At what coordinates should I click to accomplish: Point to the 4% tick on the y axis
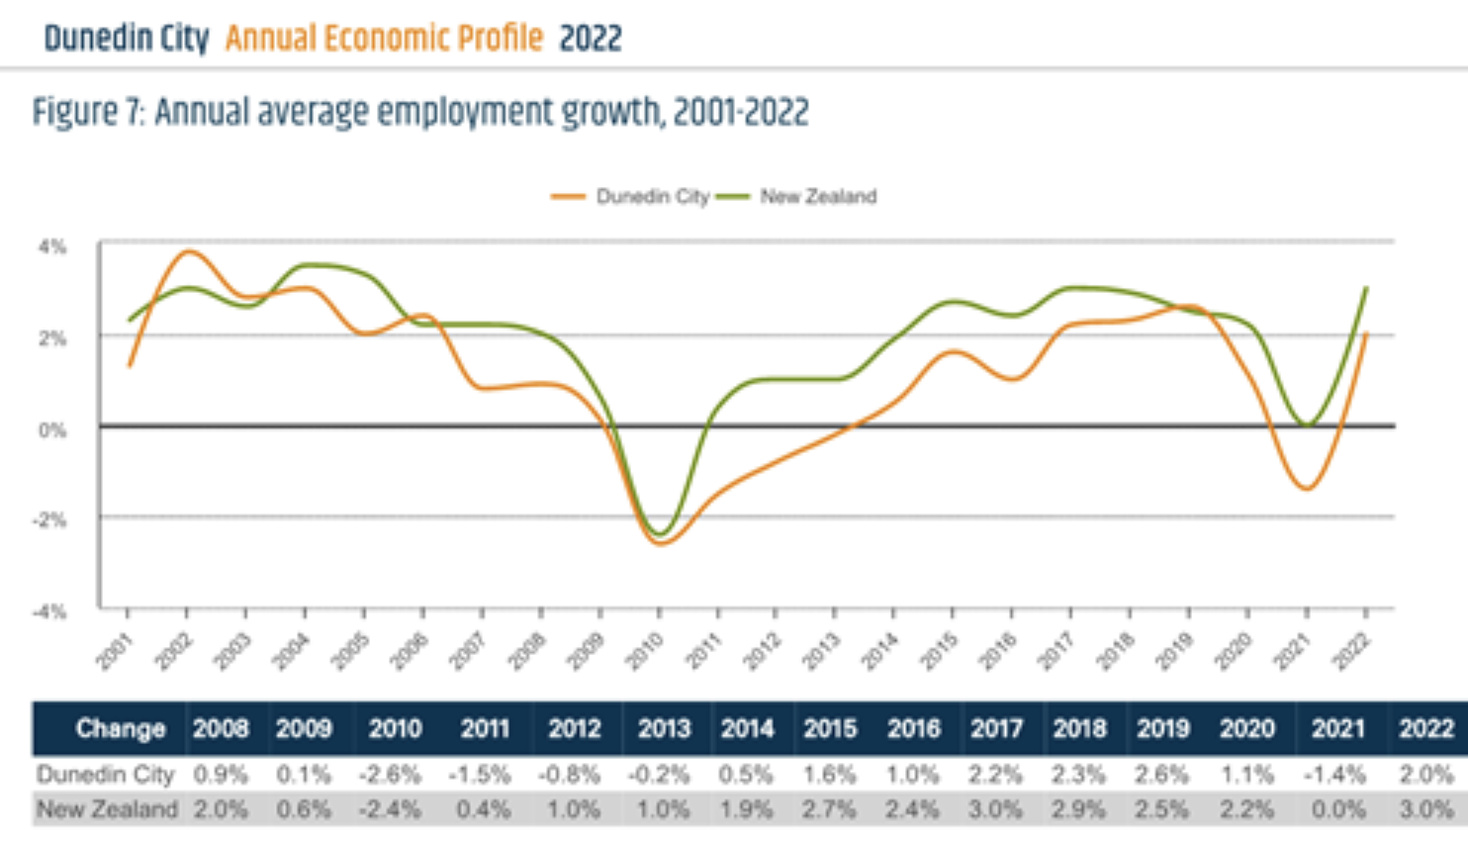[x=52, y=246]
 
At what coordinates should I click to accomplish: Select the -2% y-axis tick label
[x=50, y=519]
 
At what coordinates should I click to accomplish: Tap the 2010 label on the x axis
[x=644, y=651]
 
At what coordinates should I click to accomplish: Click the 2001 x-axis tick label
[x=114, y=651]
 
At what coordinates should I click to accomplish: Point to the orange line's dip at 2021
[x=1307, y=488]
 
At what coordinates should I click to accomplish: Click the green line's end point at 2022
[x=1366, y=289]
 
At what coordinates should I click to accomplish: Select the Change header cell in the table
[x=120, y=729]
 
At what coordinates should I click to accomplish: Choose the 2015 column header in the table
[x=829, y=729]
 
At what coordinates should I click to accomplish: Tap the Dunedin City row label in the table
[x=106, y=774]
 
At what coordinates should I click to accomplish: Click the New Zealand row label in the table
[x=107, y=809]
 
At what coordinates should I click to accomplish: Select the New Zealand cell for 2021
[x=1337, y=809]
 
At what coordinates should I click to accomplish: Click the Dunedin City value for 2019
[x=1162, y=774]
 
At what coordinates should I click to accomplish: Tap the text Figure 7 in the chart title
[x=89, y=112]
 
